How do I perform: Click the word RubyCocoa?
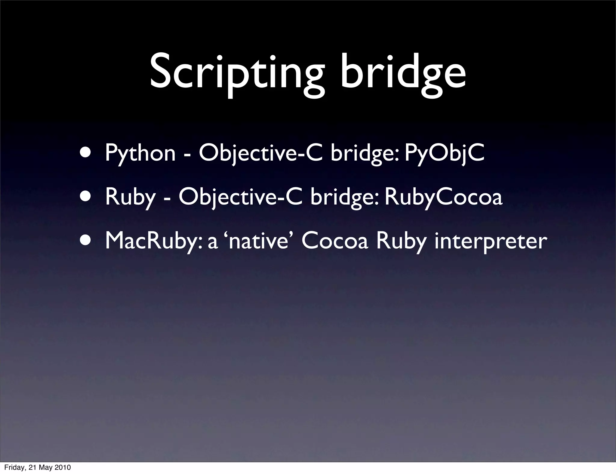443,197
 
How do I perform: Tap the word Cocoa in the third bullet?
334,241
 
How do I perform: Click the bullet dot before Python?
87,153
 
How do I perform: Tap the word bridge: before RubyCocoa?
344,197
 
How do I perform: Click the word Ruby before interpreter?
401,241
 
